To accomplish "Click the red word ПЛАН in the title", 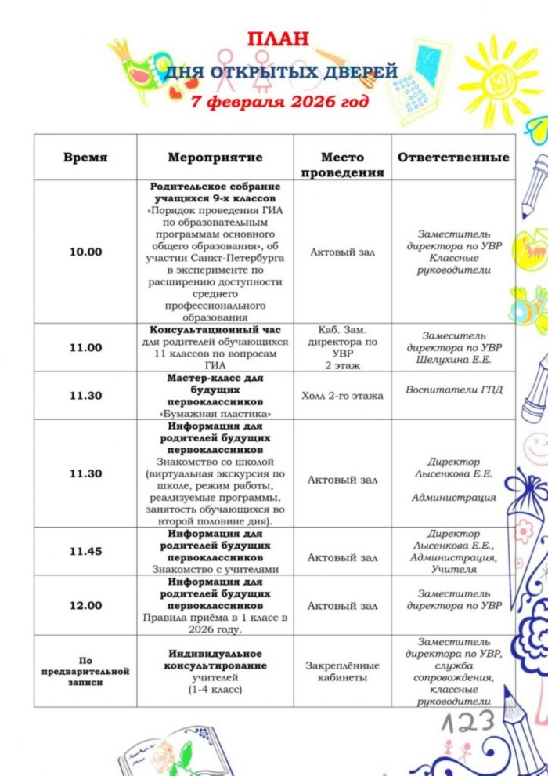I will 278,39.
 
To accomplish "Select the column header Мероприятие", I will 215,158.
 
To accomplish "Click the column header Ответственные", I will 453,158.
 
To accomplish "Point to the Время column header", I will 85,158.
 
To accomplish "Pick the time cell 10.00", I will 85,252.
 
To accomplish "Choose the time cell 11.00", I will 85,347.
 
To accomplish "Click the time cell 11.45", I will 85,551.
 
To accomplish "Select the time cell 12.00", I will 85,605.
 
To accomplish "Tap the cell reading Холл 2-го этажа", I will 342,396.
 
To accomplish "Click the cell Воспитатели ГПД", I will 454,390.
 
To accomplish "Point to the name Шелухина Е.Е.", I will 454,360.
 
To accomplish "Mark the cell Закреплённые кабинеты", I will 342,671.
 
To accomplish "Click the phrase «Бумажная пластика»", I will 215,413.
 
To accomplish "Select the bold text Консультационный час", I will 215,330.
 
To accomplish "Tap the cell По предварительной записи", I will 85,671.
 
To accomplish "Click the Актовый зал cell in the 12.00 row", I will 342,606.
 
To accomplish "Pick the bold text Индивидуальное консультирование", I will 215,659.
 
